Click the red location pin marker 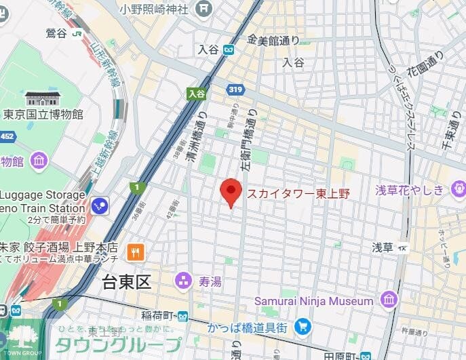(231, 193)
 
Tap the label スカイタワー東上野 (298, 194)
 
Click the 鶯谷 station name (57, 32)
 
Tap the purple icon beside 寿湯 (182, 280)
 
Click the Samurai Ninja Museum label (314, 300)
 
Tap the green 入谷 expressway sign (197, 94)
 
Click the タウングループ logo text (118, 345)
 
